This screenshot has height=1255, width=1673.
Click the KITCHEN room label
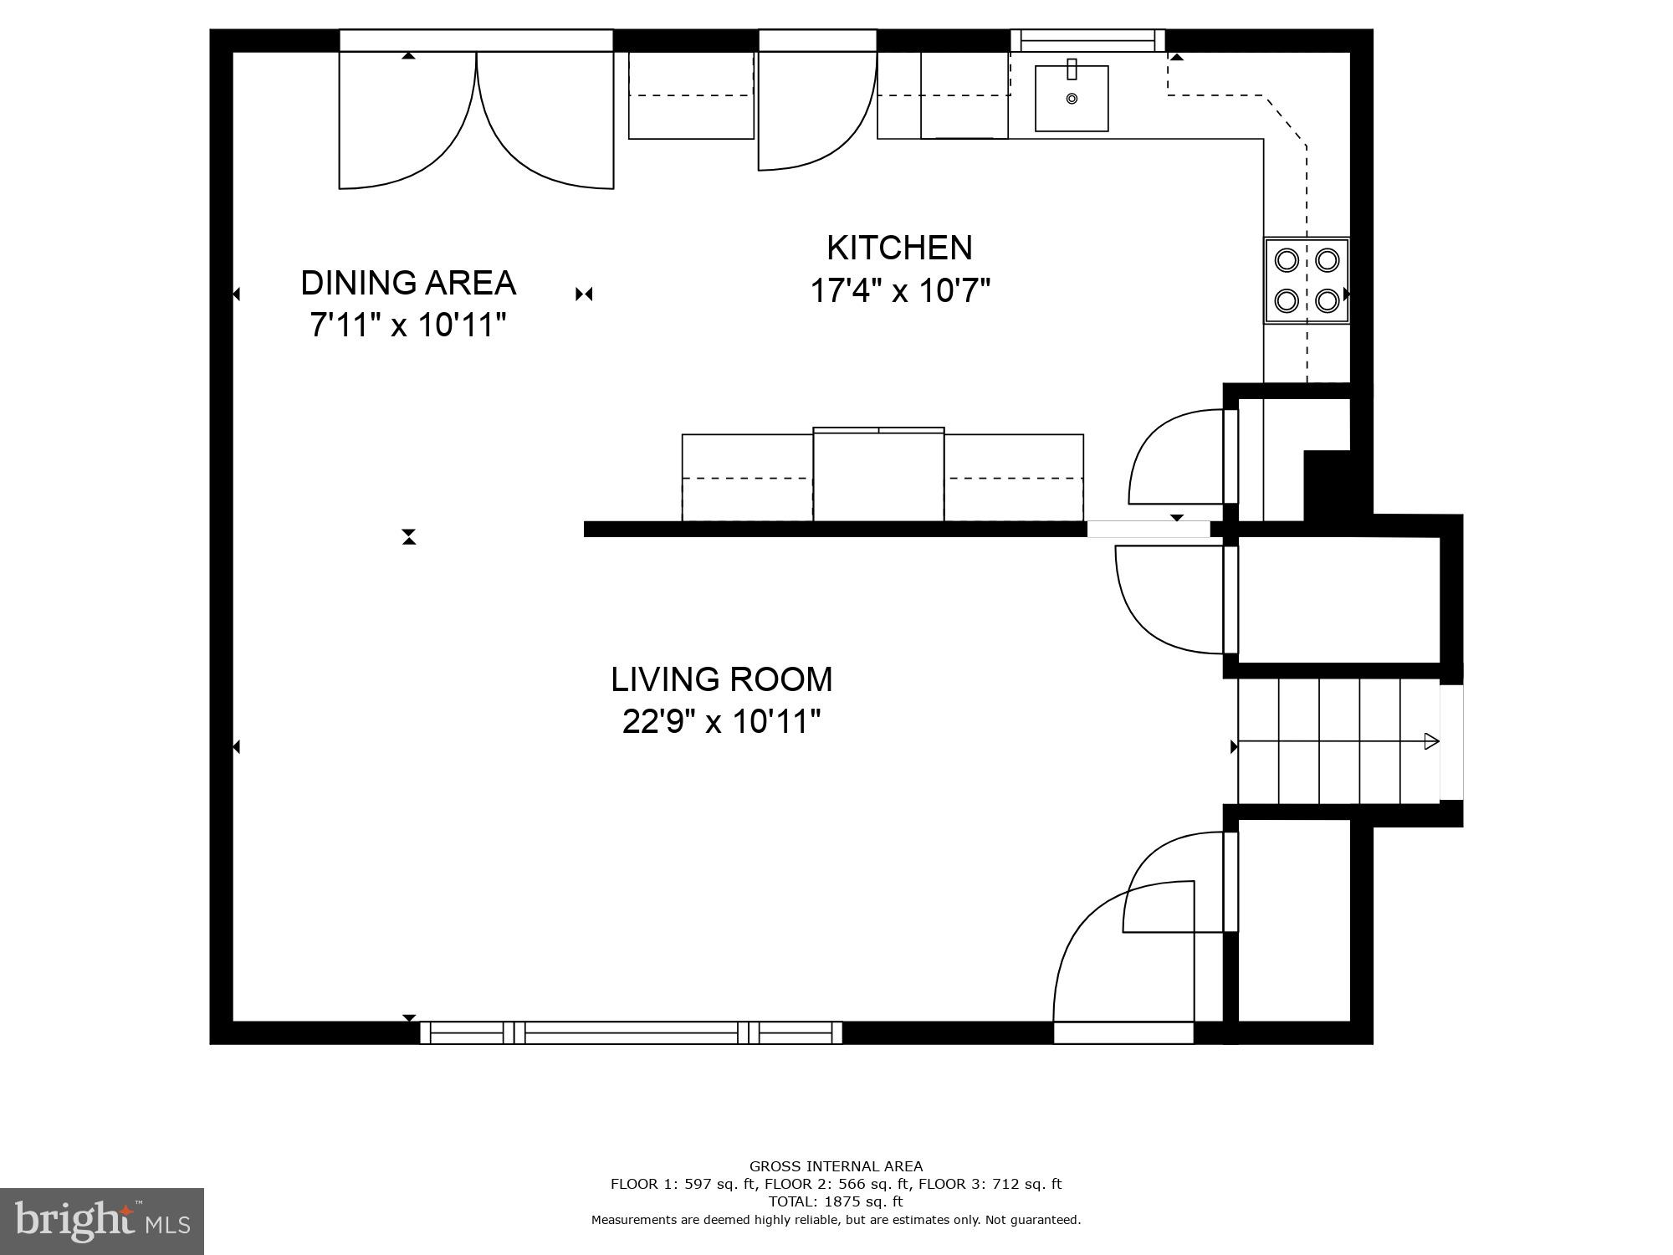tap(899, 248)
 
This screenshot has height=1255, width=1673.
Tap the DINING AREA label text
tap(408, 283)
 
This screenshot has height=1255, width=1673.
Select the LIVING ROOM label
tap(721, 679)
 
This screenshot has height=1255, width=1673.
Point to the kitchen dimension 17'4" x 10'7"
tap(900, 291)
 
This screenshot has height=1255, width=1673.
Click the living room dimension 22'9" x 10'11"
tap(721, 721)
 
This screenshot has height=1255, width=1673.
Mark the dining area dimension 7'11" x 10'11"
tap(408, 325)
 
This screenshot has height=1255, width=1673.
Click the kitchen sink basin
tap(1072, 99)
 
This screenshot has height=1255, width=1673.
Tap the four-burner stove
tap(1306, 280)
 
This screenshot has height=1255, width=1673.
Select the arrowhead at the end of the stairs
tap(1431, 741)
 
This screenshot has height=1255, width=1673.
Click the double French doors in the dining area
tap(476, 117)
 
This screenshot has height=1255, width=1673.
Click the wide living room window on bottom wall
tap(631, 1032)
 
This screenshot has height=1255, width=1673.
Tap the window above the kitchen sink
tap(1087, 40)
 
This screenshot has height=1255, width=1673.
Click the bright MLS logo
tap(102, 1222)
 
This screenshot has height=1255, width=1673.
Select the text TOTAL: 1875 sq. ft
tap(836, 1201)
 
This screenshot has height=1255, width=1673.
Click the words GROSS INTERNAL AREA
tap(836, 1166)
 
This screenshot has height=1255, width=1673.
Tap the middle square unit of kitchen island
tap(878, 475)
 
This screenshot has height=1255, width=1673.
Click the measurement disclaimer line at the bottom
tap(836, 1220)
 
